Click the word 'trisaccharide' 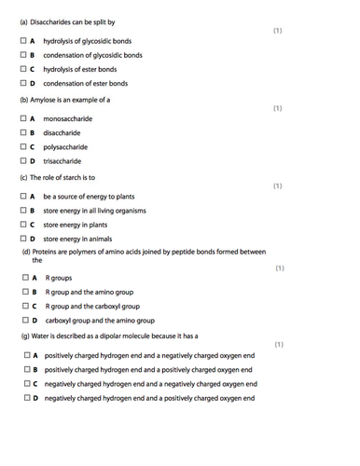click(x=64, y=160)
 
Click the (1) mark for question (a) click(x=277, y=31)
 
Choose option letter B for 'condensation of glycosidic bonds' click(x=32, y=56)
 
